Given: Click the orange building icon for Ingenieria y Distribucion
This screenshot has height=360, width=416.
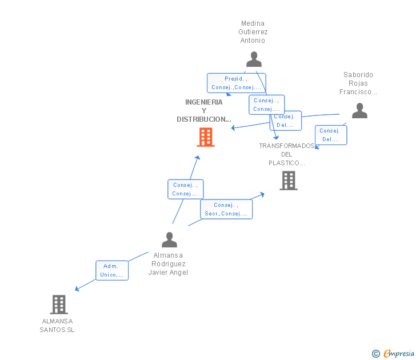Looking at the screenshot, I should [x=206, y=137].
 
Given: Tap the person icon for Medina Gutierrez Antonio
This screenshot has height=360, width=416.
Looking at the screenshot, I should [x=254, y=59].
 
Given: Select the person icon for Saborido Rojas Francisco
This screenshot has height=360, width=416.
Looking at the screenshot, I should [x=359, y=110].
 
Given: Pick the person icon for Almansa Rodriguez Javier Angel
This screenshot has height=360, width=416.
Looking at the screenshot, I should [x=169, y=239].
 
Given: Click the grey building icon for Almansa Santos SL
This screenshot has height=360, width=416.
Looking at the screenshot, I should [x=59, y=305].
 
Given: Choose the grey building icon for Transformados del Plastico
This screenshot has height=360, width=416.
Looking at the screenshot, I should [x=289, y=181].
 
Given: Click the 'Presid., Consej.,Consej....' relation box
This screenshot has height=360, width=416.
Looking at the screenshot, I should [x=236, y=83].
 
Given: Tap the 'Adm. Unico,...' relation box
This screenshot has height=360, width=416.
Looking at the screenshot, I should [x=112, y=270].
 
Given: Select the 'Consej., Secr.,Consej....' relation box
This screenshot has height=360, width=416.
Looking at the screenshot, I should [x=226, y=209].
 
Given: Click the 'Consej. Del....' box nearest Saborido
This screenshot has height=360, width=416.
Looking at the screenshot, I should [x=330, y=135].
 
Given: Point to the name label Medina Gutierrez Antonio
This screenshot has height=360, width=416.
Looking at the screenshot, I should [x=253, y=32].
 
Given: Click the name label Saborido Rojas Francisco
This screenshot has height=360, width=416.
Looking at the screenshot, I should [x=358, y=83].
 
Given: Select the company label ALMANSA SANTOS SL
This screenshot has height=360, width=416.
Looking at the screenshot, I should [x=57, y=325].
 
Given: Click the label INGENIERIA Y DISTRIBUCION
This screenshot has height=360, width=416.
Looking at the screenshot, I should [x=204, y=111].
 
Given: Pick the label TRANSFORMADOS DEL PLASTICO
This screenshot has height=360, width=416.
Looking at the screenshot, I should [x=287, y=154].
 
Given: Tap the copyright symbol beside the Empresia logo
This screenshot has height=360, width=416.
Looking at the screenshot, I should [x=376, y=354].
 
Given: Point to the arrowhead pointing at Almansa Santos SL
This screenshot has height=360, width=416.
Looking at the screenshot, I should [x=77, y=289].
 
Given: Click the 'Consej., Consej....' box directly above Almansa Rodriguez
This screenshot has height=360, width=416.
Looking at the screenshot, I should [x=185, y=189].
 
